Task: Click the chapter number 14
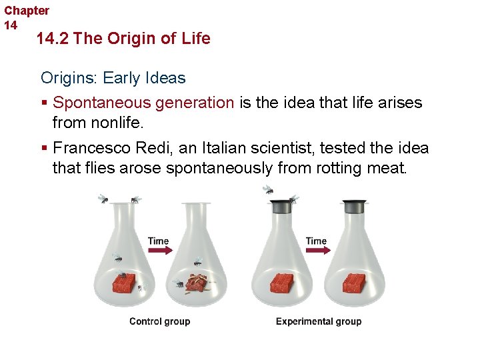(11, 25)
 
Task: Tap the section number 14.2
(53, 39)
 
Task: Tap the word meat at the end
(386, 167)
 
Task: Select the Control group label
(159, 321)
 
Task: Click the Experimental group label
(319, 321)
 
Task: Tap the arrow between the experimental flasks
(316, 251)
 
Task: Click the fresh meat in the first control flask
(123, 283)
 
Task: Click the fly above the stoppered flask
(268, 189)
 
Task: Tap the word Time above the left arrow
(158, 241)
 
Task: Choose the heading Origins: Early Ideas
(113, 78)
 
